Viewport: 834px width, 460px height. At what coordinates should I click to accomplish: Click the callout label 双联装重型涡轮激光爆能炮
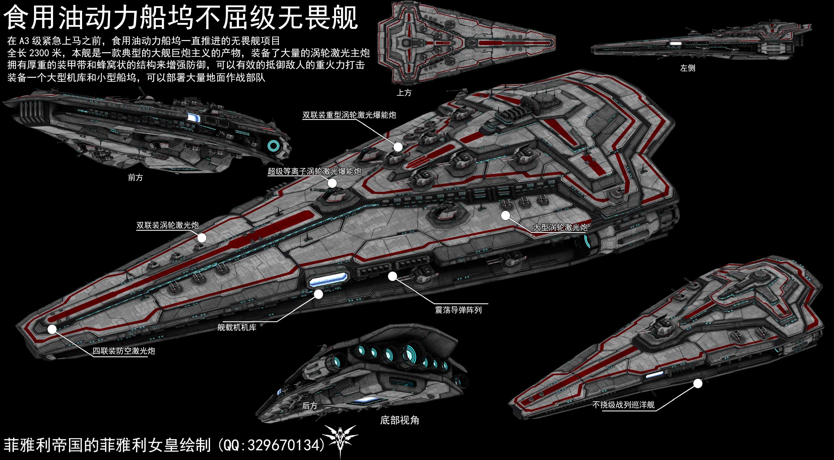[349, 115]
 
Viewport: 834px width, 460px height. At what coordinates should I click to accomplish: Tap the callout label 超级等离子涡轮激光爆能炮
[314, 171]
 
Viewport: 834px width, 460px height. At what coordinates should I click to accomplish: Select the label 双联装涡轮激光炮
[167, 225]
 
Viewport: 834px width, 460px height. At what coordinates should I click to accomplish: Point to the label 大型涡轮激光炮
[560, 227]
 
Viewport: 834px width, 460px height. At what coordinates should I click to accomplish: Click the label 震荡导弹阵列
[458, 310]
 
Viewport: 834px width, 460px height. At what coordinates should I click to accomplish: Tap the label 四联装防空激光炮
[124, 351]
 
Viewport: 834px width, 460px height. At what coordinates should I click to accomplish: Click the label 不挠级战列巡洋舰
[623, 405]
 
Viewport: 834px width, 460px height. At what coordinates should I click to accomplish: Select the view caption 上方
[404, 93]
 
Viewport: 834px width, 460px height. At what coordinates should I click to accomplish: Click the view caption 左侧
[688, 68]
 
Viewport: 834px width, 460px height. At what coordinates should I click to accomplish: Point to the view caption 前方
[135, 177]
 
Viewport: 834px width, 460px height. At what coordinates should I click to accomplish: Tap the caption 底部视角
[400, 420]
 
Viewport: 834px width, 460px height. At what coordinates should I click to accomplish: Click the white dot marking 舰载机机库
[319, 294]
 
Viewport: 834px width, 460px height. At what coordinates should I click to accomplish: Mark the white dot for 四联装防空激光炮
[52, 329]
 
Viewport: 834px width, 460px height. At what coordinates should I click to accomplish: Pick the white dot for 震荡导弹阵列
[392, 276]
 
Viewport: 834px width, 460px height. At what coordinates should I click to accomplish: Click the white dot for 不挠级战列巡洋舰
[698, 383]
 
